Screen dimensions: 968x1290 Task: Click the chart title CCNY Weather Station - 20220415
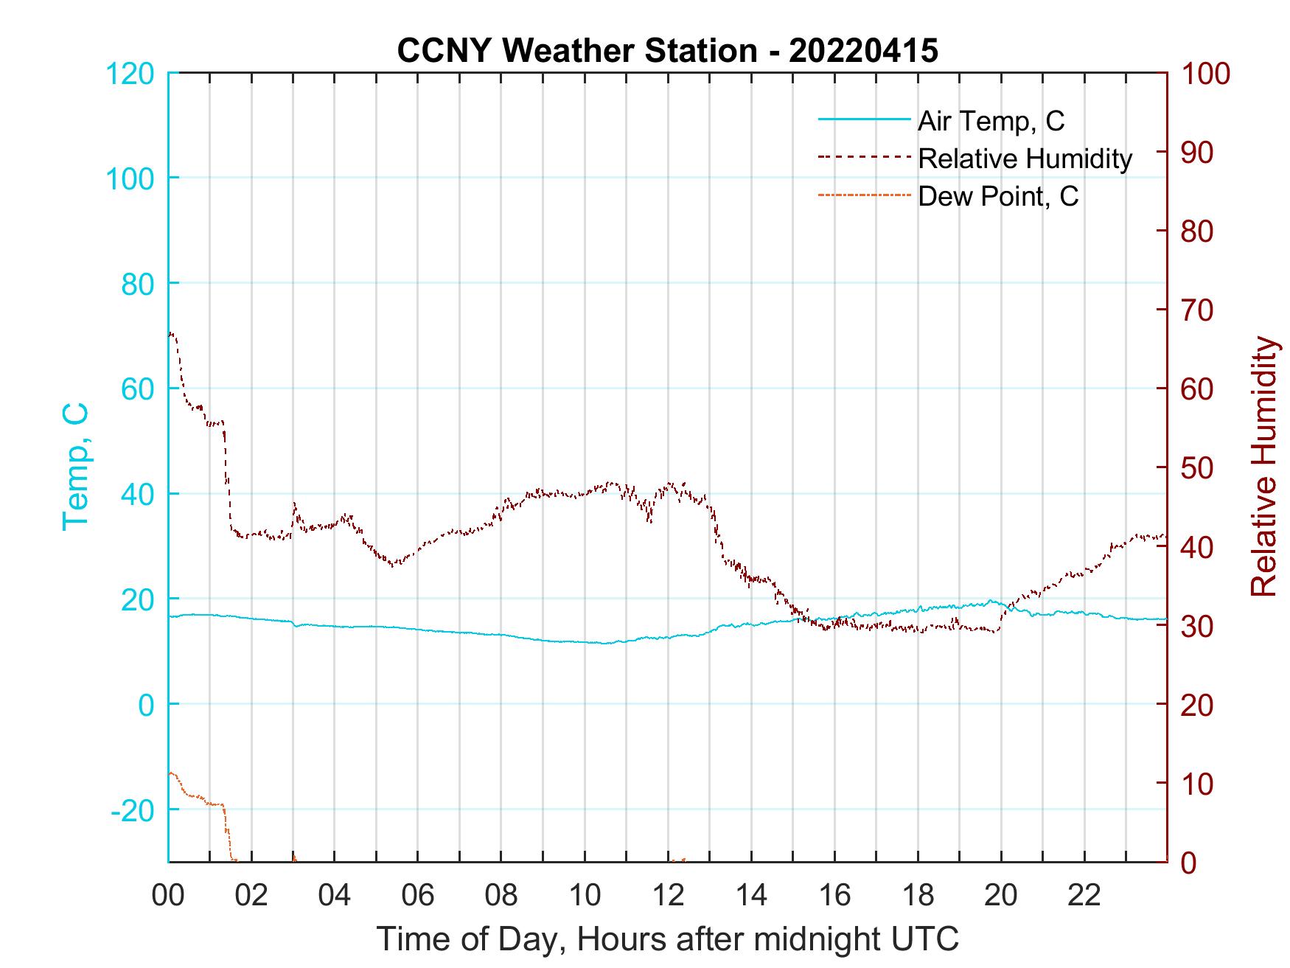tap(667, 50)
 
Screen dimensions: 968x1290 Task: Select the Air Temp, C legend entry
tap(990, 120)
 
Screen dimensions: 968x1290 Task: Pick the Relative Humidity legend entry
tap(1024, 158)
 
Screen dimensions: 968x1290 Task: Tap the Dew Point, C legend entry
tap(997, 196)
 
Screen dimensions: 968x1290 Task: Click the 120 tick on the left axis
tap(130, 74)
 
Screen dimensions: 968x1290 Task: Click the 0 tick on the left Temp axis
tap(147, 705)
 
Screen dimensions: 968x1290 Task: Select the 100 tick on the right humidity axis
tap(1206, 74)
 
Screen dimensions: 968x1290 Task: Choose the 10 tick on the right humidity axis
tap(1198, 784)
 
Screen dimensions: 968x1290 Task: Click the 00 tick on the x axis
tap(168, 896)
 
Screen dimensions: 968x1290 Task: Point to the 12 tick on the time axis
tap(668, 896)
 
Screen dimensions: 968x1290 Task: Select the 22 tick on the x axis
tap(1084, 896)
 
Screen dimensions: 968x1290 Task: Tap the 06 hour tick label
tap(418, 896)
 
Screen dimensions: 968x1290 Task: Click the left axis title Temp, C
tap(76, 466)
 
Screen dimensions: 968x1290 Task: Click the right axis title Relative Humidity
tap(1263, 466)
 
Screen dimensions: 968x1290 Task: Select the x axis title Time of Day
tap(667, 939)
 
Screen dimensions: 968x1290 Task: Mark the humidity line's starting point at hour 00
tap(170, 335)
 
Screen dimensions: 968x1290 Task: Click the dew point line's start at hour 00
tap(170, 773)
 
